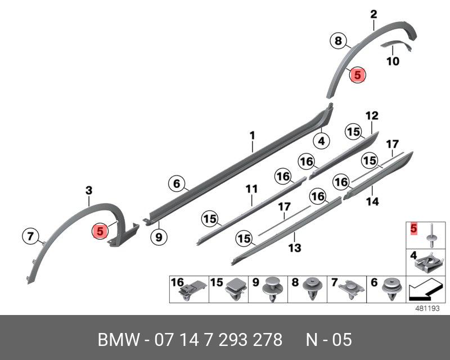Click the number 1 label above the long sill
[x=253, y=136]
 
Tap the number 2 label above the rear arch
[x=373, y=14]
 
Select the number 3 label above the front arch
[x=89, y=191]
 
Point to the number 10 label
[x=393, y=61]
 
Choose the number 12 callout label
[x=372, y=116]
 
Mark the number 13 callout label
[x=294, y=247]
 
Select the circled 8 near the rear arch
[x=337, y=41]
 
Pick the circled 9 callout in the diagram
[x=159, y=237]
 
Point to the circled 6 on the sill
[x=176, y=183]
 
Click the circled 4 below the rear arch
[x=321, y=141]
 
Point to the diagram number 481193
[x=427, y=309]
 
